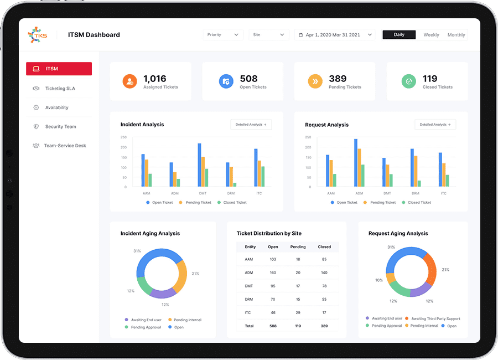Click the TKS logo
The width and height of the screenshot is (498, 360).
[38, 34]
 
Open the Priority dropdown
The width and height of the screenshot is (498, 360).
[223, 35]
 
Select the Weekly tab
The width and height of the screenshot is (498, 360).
[431, 35]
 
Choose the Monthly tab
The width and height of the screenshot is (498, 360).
[456, 35]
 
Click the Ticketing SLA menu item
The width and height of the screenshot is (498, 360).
[60, 89]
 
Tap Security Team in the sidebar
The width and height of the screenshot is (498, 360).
[60, 127]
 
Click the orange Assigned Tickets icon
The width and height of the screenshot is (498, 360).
[129, 81]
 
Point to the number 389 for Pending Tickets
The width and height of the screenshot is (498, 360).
[338, 79]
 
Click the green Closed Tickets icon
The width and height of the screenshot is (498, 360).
[408, 81]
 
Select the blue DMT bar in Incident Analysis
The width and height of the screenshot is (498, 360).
[199, 164]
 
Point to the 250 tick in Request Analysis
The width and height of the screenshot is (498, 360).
[308, 137]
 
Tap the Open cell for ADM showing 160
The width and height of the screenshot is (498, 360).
[273, 273]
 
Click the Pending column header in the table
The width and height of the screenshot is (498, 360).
[298, 247]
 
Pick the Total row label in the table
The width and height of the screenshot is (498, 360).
[249, 326]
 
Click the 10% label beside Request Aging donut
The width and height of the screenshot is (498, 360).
[378, 280]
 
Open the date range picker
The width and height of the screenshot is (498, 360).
[335, 35]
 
